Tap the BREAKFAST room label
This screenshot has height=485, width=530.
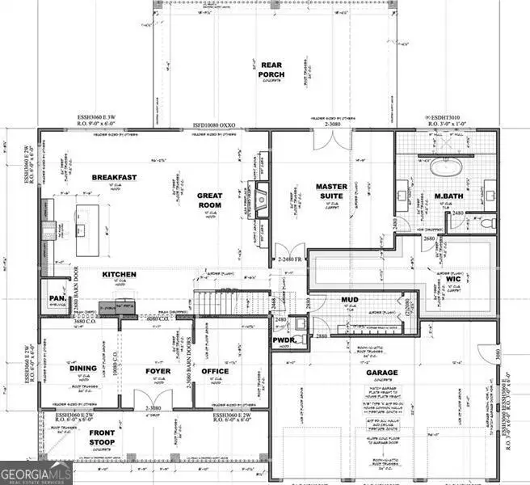tap(114, 177)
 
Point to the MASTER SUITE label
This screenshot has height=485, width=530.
tap(331, 192)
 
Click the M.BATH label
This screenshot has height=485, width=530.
tap(447, 196)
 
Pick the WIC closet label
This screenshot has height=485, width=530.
tap(453, 280)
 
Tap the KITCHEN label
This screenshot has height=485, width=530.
tap(119, 275)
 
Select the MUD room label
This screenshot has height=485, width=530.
tap(349, 300)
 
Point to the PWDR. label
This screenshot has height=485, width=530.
tap(283, 340)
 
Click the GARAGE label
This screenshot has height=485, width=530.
tap(381, 373)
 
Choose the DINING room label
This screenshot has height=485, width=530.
tap(83, 368)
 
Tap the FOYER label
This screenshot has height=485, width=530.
tap(158, 372)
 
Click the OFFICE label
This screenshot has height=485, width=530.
tap(214, 372)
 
